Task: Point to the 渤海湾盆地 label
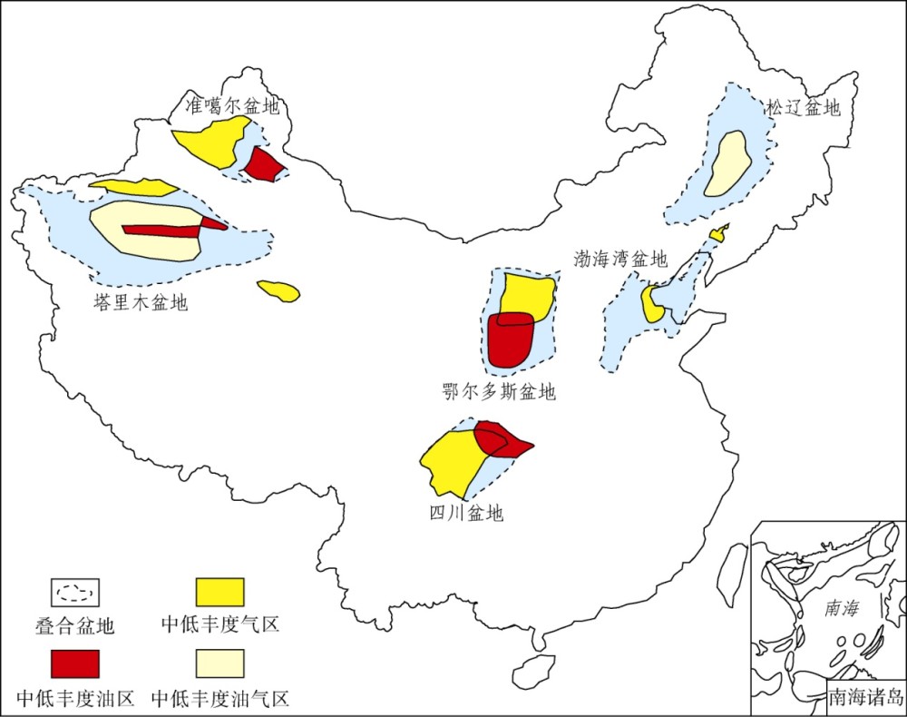pyautogui.click(x=620, y=259)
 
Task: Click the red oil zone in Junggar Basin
pyautogui.click(x=263, y=165)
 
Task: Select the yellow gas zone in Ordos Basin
pyautogui.click(x=527, y=295)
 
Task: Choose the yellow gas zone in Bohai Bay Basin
pyautogui.click(x=652, y=305)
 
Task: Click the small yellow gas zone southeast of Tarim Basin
pyautogui.click(x=278, y=290)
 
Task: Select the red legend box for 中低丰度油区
pyautogui.click(x=74, y=663)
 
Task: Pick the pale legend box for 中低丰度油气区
pyautogui.click(x=220, y=663)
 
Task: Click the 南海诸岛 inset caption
pyautogui.click(x=865, y=698)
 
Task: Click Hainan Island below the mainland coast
pyautogui.click(x=533, y=671)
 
